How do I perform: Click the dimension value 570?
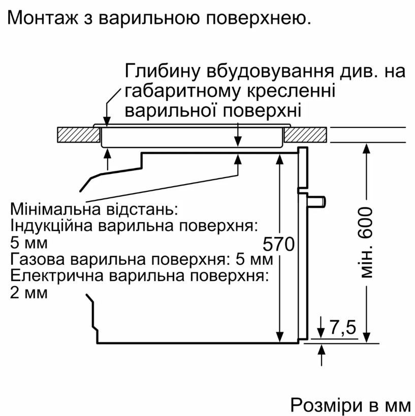(279, 244)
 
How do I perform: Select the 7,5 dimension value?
(343, 327)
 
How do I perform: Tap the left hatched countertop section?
(79, 135)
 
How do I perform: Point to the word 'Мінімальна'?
(55, 210)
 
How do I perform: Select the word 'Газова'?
(37, 259)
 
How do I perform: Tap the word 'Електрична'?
(56, 276)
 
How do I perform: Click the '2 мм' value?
(28, 293)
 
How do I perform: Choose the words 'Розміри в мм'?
(350, 405)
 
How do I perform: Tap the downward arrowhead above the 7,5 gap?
(322, 334)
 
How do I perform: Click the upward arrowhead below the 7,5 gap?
(322, 349)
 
